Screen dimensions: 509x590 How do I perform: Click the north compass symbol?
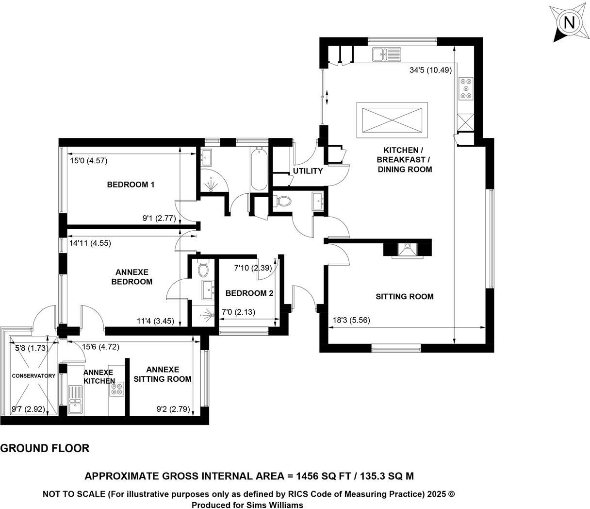569,23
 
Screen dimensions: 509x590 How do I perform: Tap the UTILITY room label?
308,171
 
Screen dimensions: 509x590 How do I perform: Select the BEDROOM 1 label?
131,185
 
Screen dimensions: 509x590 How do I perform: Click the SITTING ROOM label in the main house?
404,296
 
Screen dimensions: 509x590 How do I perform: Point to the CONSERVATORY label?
33,375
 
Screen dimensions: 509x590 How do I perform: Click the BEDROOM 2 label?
249,293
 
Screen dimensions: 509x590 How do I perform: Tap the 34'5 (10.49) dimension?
430,70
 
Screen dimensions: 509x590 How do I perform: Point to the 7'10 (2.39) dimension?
256,268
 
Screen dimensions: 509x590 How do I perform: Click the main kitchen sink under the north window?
386,54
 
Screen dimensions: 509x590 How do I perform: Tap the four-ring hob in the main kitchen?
466,88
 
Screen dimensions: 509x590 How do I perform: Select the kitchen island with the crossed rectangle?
392,119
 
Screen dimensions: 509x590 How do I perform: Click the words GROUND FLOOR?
45,448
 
